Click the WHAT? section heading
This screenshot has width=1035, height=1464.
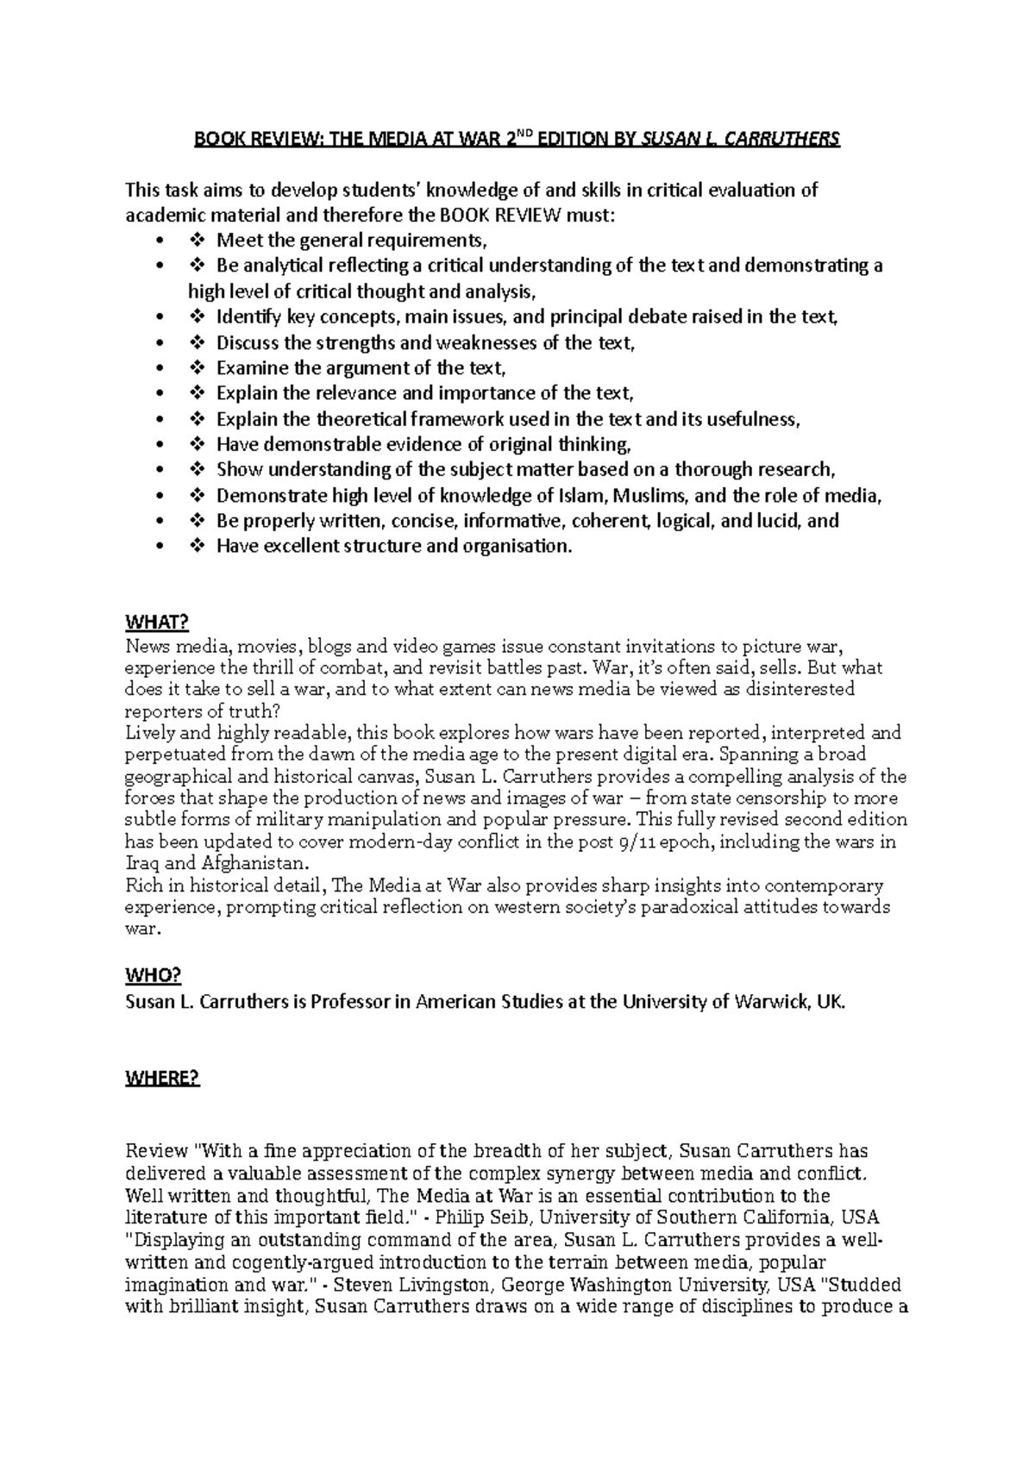(x=156, y=623)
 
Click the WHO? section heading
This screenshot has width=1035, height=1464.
(x=153, y=975)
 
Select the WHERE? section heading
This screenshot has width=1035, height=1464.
(x=162, y=1079)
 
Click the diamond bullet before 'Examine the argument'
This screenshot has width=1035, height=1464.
(x=196, y=368)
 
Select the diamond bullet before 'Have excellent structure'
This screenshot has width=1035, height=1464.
(x=196, y=546)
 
